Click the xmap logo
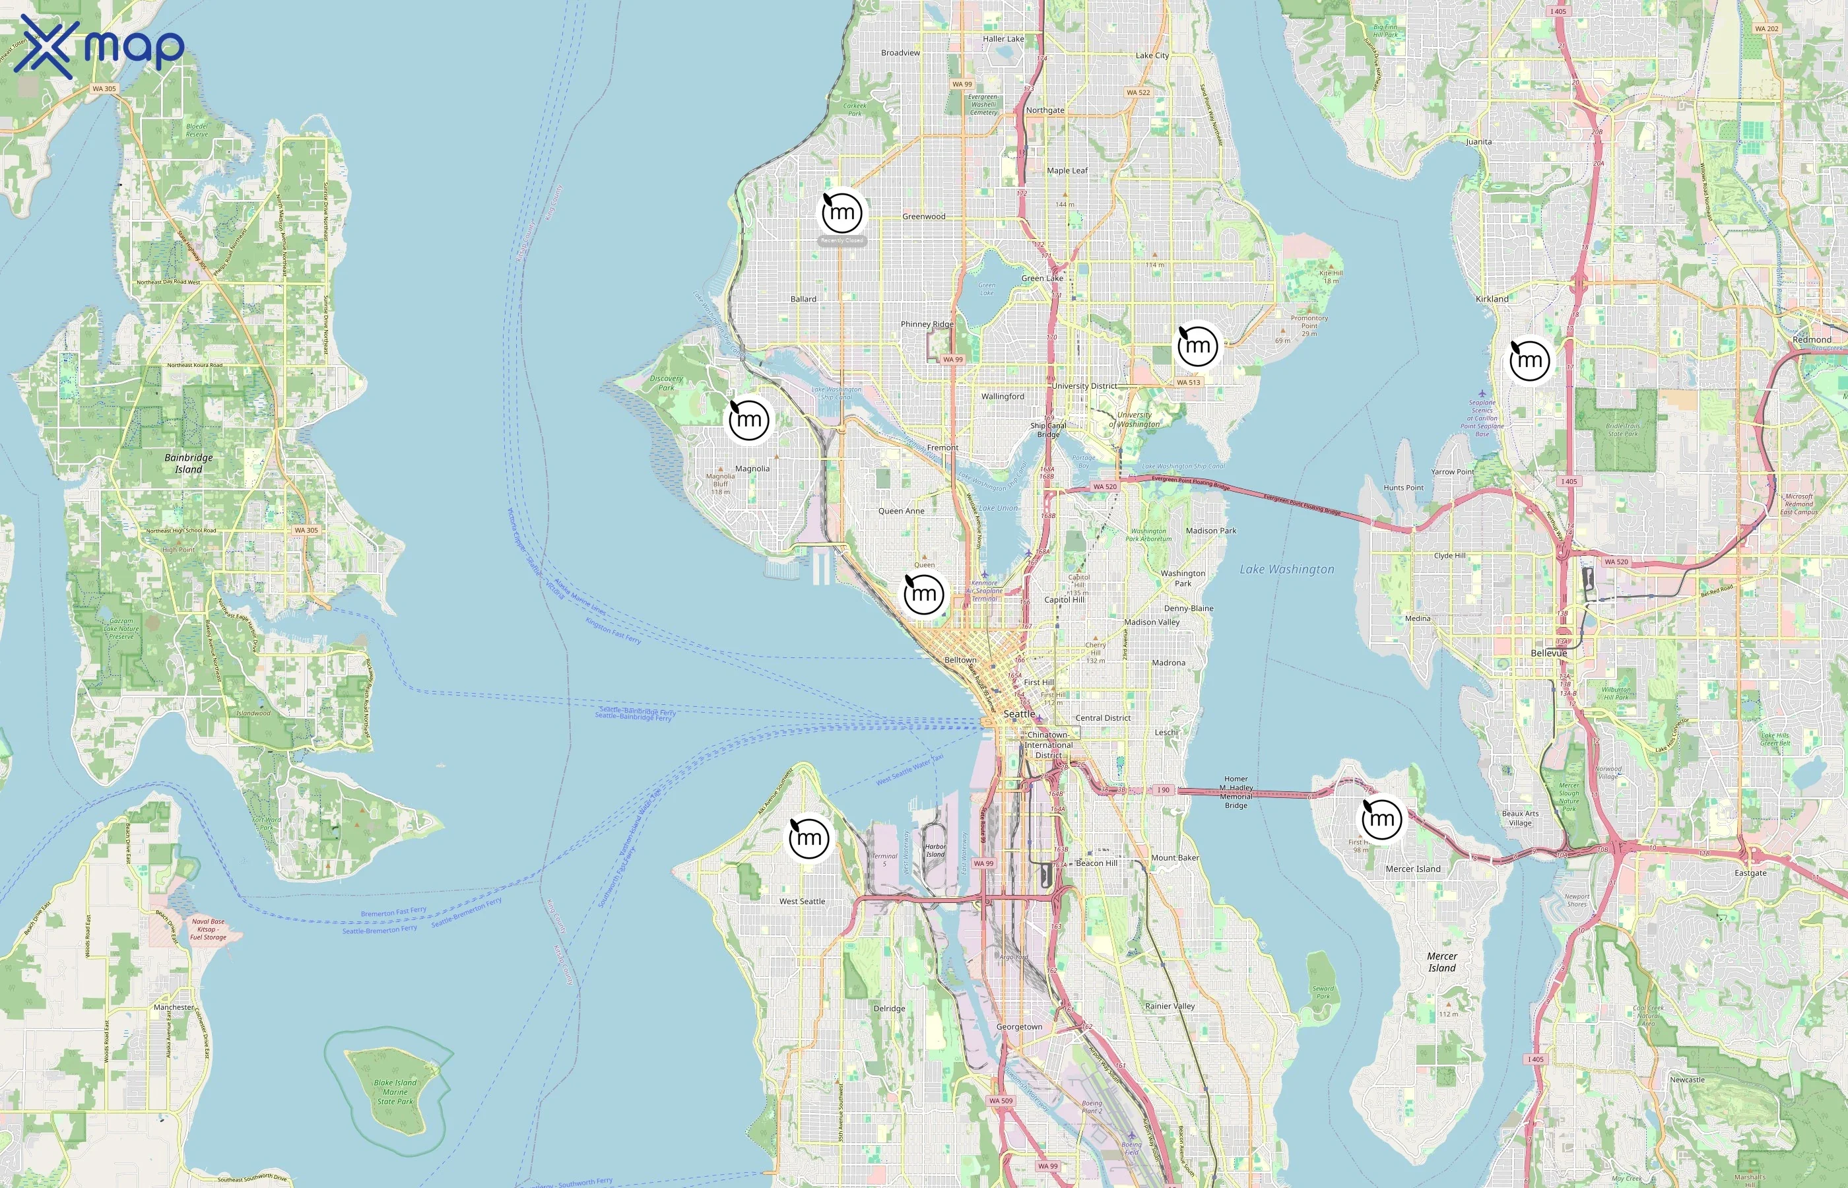point(99,46)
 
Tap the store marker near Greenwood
point(841,212)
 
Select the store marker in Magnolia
point(749,420)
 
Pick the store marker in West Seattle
point(809,838)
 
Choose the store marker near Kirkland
point(1529,360)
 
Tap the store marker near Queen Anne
point(924,594)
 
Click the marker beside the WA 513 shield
point(1198,346)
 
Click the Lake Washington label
point(1286,570)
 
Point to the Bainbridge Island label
point(188,463)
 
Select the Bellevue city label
point(1549,653)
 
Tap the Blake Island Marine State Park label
point(395,1092)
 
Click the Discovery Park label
point(667,383)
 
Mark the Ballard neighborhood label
point(803,298)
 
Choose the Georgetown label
point(1019,1027)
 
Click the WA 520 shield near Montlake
point(1104,487)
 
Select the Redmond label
point(1811,339)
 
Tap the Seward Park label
point(1323,992)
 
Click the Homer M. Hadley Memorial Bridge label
point(1236,792)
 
